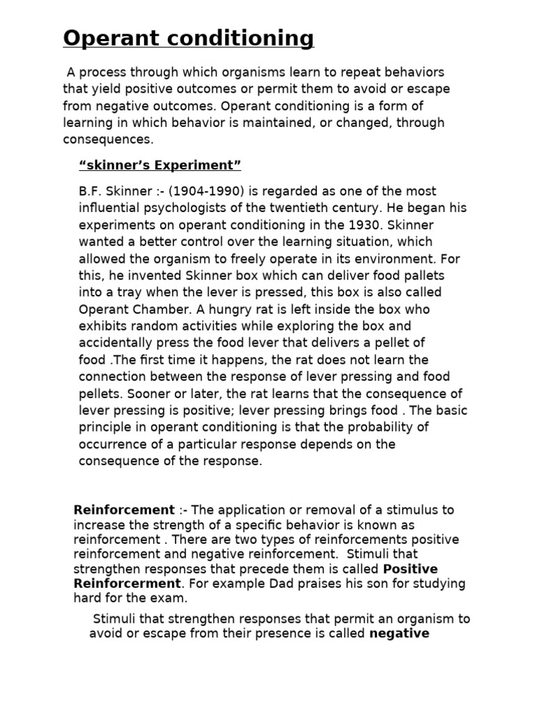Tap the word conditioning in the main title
237,39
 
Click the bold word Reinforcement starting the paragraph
124,510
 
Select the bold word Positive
410,569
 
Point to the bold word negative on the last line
398,634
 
